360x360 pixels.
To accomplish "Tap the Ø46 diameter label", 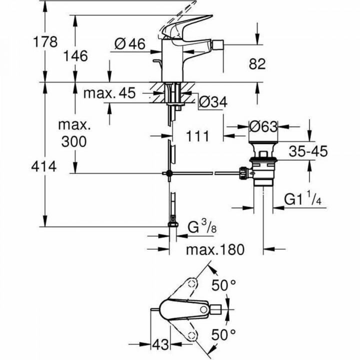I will [x=129, y=44].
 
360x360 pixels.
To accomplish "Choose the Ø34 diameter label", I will [x=213, y=102].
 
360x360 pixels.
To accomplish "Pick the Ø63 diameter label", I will [x=263, y=127].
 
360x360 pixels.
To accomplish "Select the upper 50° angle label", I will [x=222, y=286].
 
